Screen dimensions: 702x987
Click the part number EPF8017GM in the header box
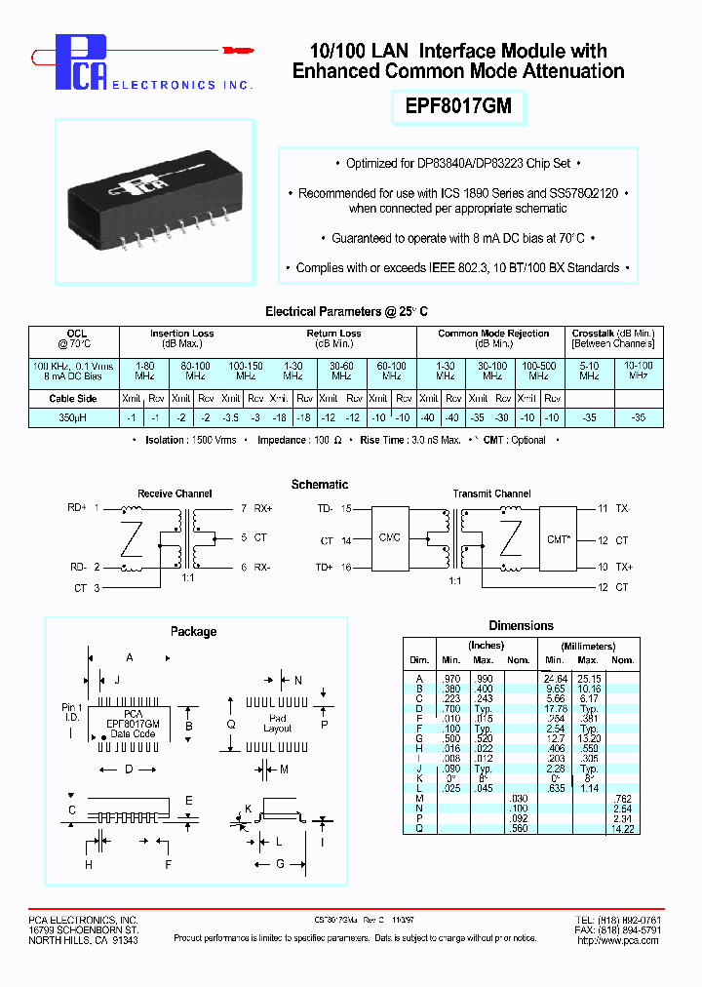pos(457,106)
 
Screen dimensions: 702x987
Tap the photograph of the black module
pos(155,191)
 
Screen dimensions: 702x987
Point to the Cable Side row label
pos(73,398)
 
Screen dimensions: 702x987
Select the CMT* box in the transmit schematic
pos(558,539)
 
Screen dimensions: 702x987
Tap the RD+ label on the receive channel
pos(77,508)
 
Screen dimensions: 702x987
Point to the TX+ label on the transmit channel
pos(622,567)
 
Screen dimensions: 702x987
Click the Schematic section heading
pos(320,485)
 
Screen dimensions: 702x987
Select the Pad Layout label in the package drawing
pos(277,723)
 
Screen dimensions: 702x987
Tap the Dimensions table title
pos(521,626)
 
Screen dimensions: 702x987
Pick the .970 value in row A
pos(449,678)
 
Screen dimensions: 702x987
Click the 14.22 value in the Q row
pos(622,828)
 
